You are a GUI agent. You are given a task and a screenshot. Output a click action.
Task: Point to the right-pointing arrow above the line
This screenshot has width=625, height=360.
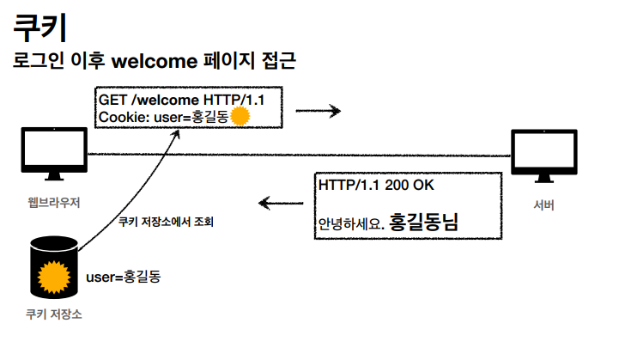tap(319, 111)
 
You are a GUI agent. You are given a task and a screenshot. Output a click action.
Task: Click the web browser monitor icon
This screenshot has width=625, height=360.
tap(53, 154)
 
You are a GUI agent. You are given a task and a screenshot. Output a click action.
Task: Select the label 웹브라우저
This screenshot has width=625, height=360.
tap(53, 204)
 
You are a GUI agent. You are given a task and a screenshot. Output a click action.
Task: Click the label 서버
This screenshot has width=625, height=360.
tap(543, 204)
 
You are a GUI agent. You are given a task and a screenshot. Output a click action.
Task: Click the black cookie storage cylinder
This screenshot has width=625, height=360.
tap(53, 266)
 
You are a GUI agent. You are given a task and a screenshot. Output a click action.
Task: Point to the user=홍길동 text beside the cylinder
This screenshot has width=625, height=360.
tap(123, 278)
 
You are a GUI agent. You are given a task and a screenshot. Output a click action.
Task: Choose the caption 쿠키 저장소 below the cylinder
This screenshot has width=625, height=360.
tap(53, 314)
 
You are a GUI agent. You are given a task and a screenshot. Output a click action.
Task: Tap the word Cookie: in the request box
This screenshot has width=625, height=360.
tap(124, 116)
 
